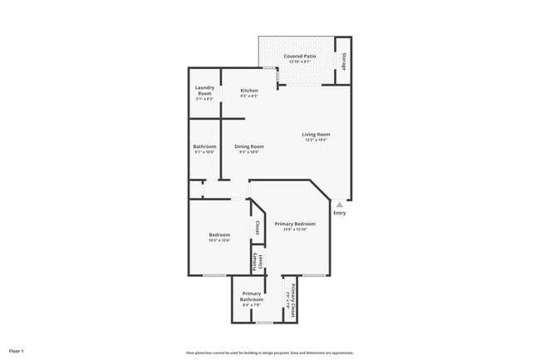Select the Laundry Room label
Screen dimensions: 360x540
point(204,90)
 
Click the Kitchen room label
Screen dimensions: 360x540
point(249,90)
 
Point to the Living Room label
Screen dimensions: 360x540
point(316,134)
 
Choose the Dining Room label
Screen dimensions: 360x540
point(249,146)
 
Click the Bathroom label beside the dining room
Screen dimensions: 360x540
point(204,146)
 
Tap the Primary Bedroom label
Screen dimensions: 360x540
point(295,224)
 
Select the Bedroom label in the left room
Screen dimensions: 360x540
point(219,234)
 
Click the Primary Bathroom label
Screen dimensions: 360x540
point(253,296)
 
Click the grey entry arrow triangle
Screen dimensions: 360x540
point(339,204)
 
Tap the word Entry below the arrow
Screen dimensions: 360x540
point(340,213)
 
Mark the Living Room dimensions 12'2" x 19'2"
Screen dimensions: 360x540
point(316,140)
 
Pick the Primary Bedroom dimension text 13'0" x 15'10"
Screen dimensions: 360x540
point(295,229)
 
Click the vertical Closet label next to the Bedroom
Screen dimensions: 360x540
point(258,227)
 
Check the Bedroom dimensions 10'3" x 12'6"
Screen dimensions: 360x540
point(219,240)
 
